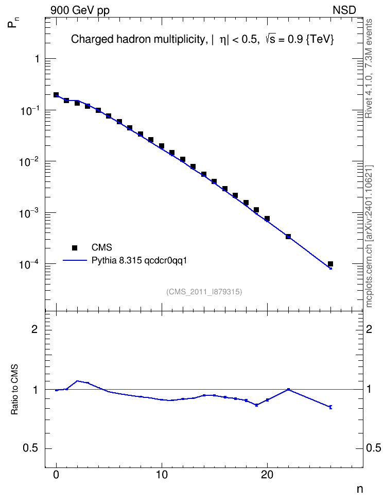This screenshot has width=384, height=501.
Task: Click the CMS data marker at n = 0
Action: pyautogui.click(x=56, y=95)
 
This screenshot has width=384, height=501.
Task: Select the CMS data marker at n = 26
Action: pyautogui.click(x=330, y=264)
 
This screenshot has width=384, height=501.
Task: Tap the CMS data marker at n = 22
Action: pyautogui.click(x=288, y=237)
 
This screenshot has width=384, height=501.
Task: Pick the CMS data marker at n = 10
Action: pyautogui.click(x=162, y=146)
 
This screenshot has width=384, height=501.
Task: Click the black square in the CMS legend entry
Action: pyautogui.click(x=75, y=247)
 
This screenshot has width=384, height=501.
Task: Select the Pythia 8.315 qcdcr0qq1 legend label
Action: pyautogui.click(x=139, y=261)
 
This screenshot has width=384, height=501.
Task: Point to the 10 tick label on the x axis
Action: pyautogui.click(x=162, y=475)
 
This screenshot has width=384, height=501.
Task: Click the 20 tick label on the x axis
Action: pyautogui.click(x=267, y=475)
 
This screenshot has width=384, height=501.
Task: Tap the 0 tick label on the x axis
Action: pyautogui.click(x=56, y=475)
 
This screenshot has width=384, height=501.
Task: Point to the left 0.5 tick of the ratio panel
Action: pyautogui.click(x=30, y=448)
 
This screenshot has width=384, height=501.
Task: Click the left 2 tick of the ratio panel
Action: pyautogui.click(x=34, y=329)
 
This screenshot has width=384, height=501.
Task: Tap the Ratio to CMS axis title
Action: pyautogui.click(x=14, y=390)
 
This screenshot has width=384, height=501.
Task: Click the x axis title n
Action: pyautogui.click(x=360, y=489)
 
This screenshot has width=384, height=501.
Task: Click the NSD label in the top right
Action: pyautogui.click(x=344, y=10)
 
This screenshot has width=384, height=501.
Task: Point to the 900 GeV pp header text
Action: pyautogui.click(x=80, y=10)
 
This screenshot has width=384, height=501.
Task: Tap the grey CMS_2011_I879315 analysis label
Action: pyautogui.click(x=204, y=292)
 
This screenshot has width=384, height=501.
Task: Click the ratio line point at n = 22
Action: pyautogui.click(x=288, y=389)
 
